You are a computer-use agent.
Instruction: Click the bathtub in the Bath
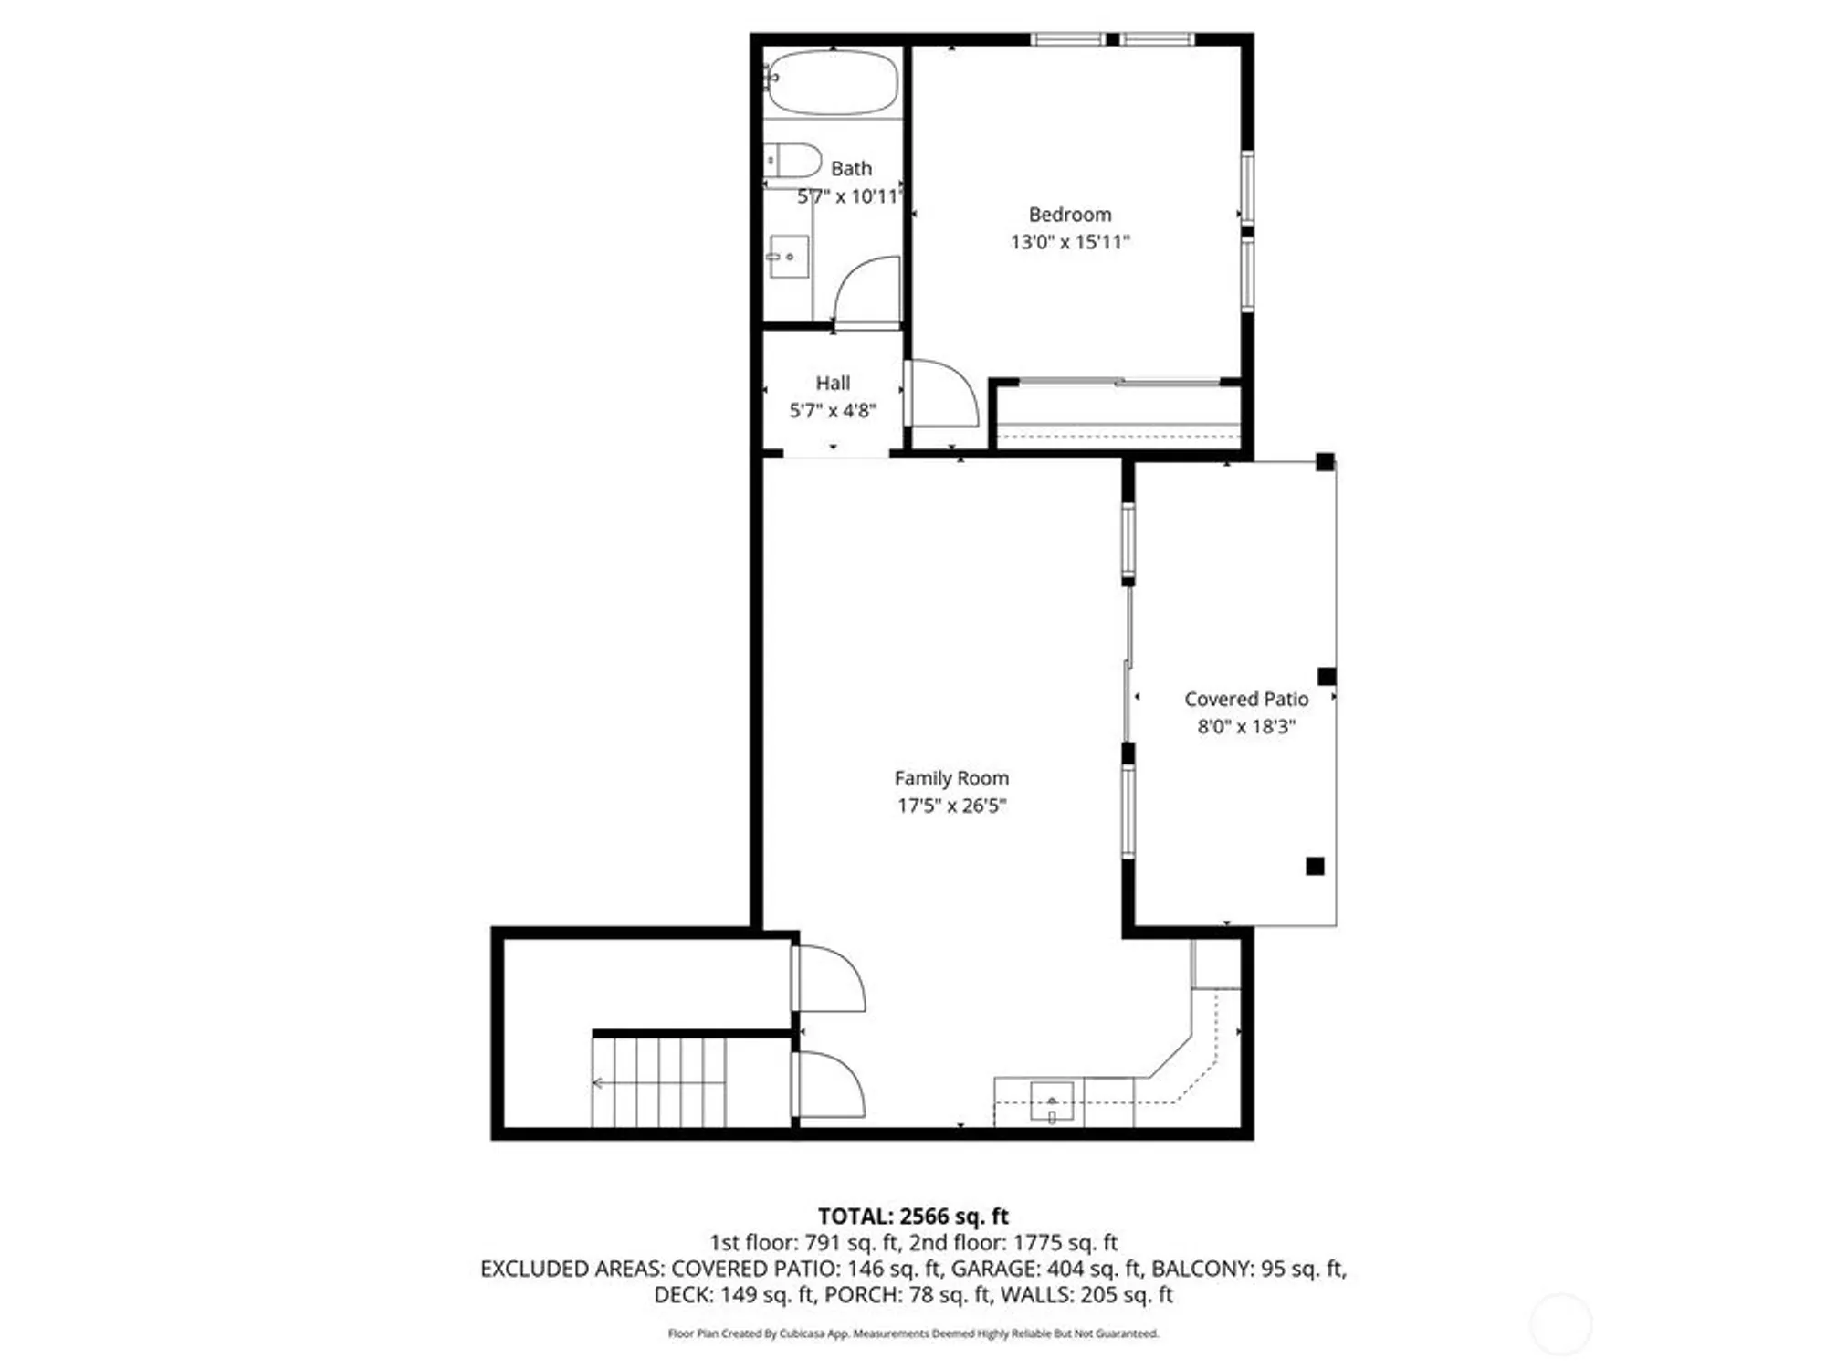(831, 82)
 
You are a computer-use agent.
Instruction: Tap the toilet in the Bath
(792, 161)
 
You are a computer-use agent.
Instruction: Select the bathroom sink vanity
(788, 258)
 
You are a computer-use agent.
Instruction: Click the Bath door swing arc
(863, 288)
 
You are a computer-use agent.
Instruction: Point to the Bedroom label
(1069, 215)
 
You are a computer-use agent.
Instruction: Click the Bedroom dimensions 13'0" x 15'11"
(1069, 242)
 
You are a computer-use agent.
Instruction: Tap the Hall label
(832, 384)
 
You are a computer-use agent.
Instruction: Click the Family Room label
(951, 778)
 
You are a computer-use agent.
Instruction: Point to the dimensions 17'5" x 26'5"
(951, 806)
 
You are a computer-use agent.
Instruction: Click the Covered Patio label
(1245, 699)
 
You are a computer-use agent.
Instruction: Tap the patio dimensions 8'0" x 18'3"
(1245, 727)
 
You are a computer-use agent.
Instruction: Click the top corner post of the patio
(1324, 462)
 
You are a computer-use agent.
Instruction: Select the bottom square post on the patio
(1314, 866)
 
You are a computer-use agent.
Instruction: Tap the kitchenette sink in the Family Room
(1051, 1101)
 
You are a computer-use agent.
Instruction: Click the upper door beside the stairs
(829, 979)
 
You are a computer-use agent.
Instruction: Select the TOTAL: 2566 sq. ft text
(912, 1217)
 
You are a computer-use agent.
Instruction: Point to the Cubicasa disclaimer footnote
(912, 1334)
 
